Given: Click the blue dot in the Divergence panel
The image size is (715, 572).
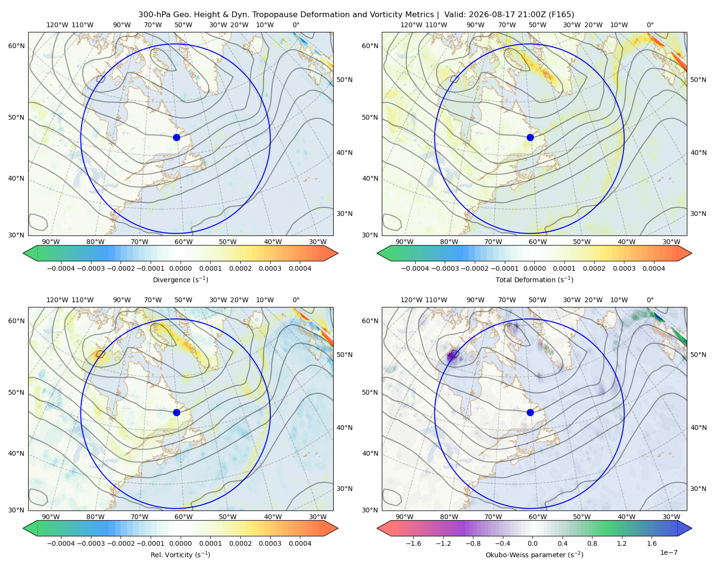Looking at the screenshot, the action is tap(176, 137).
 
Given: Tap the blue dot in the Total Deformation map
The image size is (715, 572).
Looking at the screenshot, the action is tap(530, 137).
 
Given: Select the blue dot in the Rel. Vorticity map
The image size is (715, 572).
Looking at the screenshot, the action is tap(176, 412).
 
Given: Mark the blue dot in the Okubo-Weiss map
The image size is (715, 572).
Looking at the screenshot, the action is tap(530, 412).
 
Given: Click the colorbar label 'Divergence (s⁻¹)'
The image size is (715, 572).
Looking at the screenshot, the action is tap(180, 279).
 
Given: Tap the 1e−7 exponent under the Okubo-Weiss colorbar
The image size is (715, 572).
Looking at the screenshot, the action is tap(668, 552).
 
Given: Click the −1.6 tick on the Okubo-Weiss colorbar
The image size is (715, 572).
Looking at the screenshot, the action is tap(413, 543).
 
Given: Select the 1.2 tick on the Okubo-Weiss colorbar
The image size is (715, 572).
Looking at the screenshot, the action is tap(622, 543).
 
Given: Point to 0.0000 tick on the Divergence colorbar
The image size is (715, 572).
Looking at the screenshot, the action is tap(180, 268).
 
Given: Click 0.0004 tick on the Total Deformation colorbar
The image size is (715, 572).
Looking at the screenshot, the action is tap(654, 268).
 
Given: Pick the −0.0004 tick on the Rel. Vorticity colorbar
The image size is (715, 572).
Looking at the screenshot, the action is tap(61, 543).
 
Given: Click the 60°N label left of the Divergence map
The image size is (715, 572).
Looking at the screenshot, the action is tap(16, 46).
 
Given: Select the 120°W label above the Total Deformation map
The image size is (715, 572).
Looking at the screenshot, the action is tap(411, 25).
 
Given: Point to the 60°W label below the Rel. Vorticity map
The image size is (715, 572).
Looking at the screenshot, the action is tap(184, 517).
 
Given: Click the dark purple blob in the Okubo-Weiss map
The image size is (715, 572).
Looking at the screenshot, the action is tap(452, 356).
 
